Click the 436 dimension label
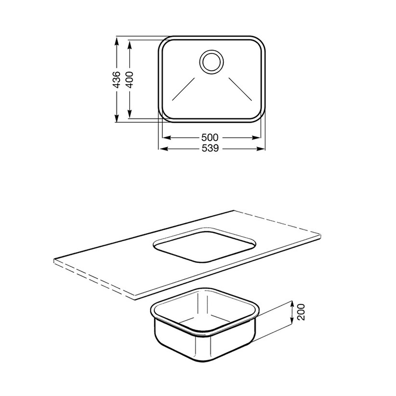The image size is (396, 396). point(116,80)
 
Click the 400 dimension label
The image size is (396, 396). point(129,80)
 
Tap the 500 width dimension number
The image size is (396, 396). point(209,138)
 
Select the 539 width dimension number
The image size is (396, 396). point(210,148)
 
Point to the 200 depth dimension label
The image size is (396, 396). point(301,312)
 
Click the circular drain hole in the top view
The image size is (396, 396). point(211,62)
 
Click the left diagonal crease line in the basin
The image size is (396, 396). point(184,89)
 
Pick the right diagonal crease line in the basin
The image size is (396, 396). point(240,89)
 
